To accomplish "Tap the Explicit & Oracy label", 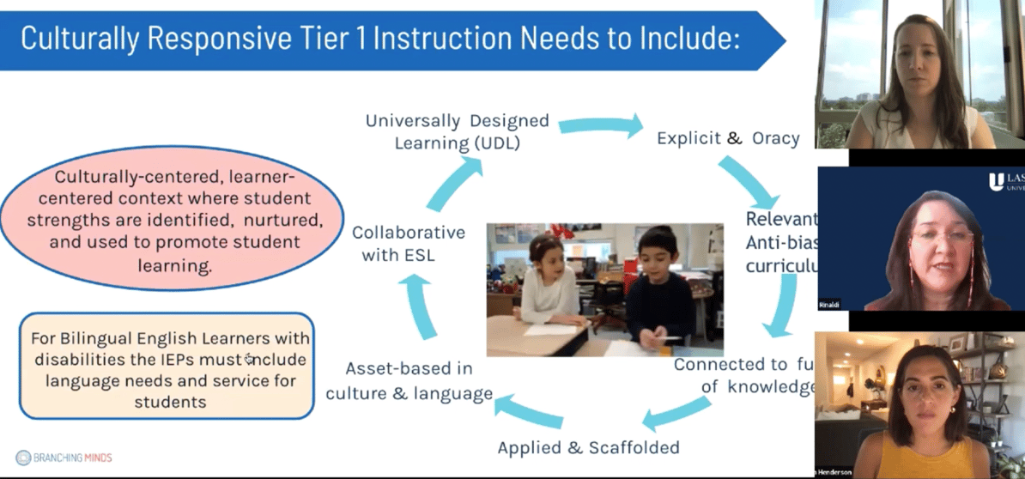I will tap(728, 138).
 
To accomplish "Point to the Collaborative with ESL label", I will tap(409, 243).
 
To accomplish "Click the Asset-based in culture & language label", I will tap(409, 381).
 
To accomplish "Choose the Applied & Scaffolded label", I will tap(588, 447).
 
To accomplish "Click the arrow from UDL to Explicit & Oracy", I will tap(602, 126).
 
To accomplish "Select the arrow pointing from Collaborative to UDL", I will tap(455, 181).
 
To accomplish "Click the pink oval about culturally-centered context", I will tap(172, 221).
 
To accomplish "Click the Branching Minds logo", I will tap(64, 458).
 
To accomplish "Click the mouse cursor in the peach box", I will tap(250, 359).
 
